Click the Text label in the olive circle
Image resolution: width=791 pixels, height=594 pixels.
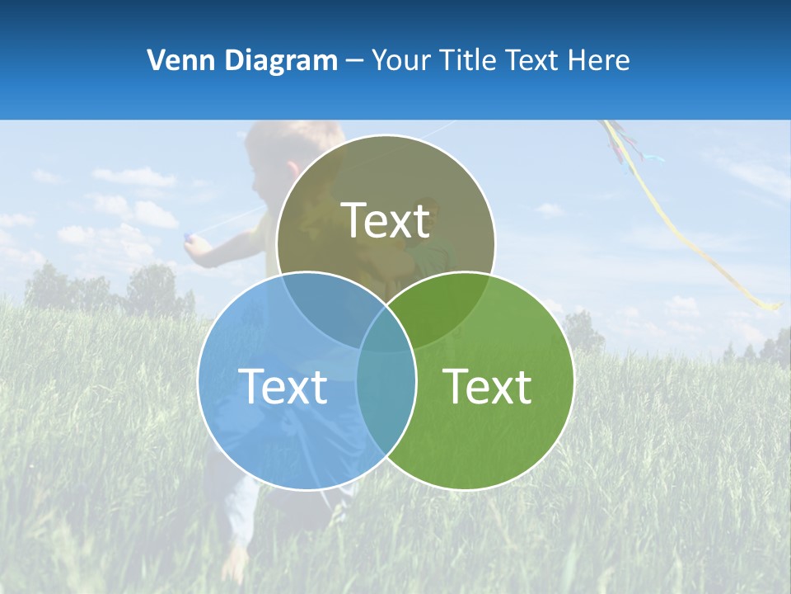point(386,220)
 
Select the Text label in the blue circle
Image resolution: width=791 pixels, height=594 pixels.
point(283,386)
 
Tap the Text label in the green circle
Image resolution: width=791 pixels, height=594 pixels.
point(488,386)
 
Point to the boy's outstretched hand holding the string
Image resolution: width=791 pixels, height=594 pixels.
point(191,240)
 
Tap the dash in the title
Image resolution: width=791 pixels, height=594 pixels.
point(354,61)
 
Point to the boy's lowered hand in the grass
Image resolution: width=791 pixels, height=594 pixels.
point(236,564)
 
